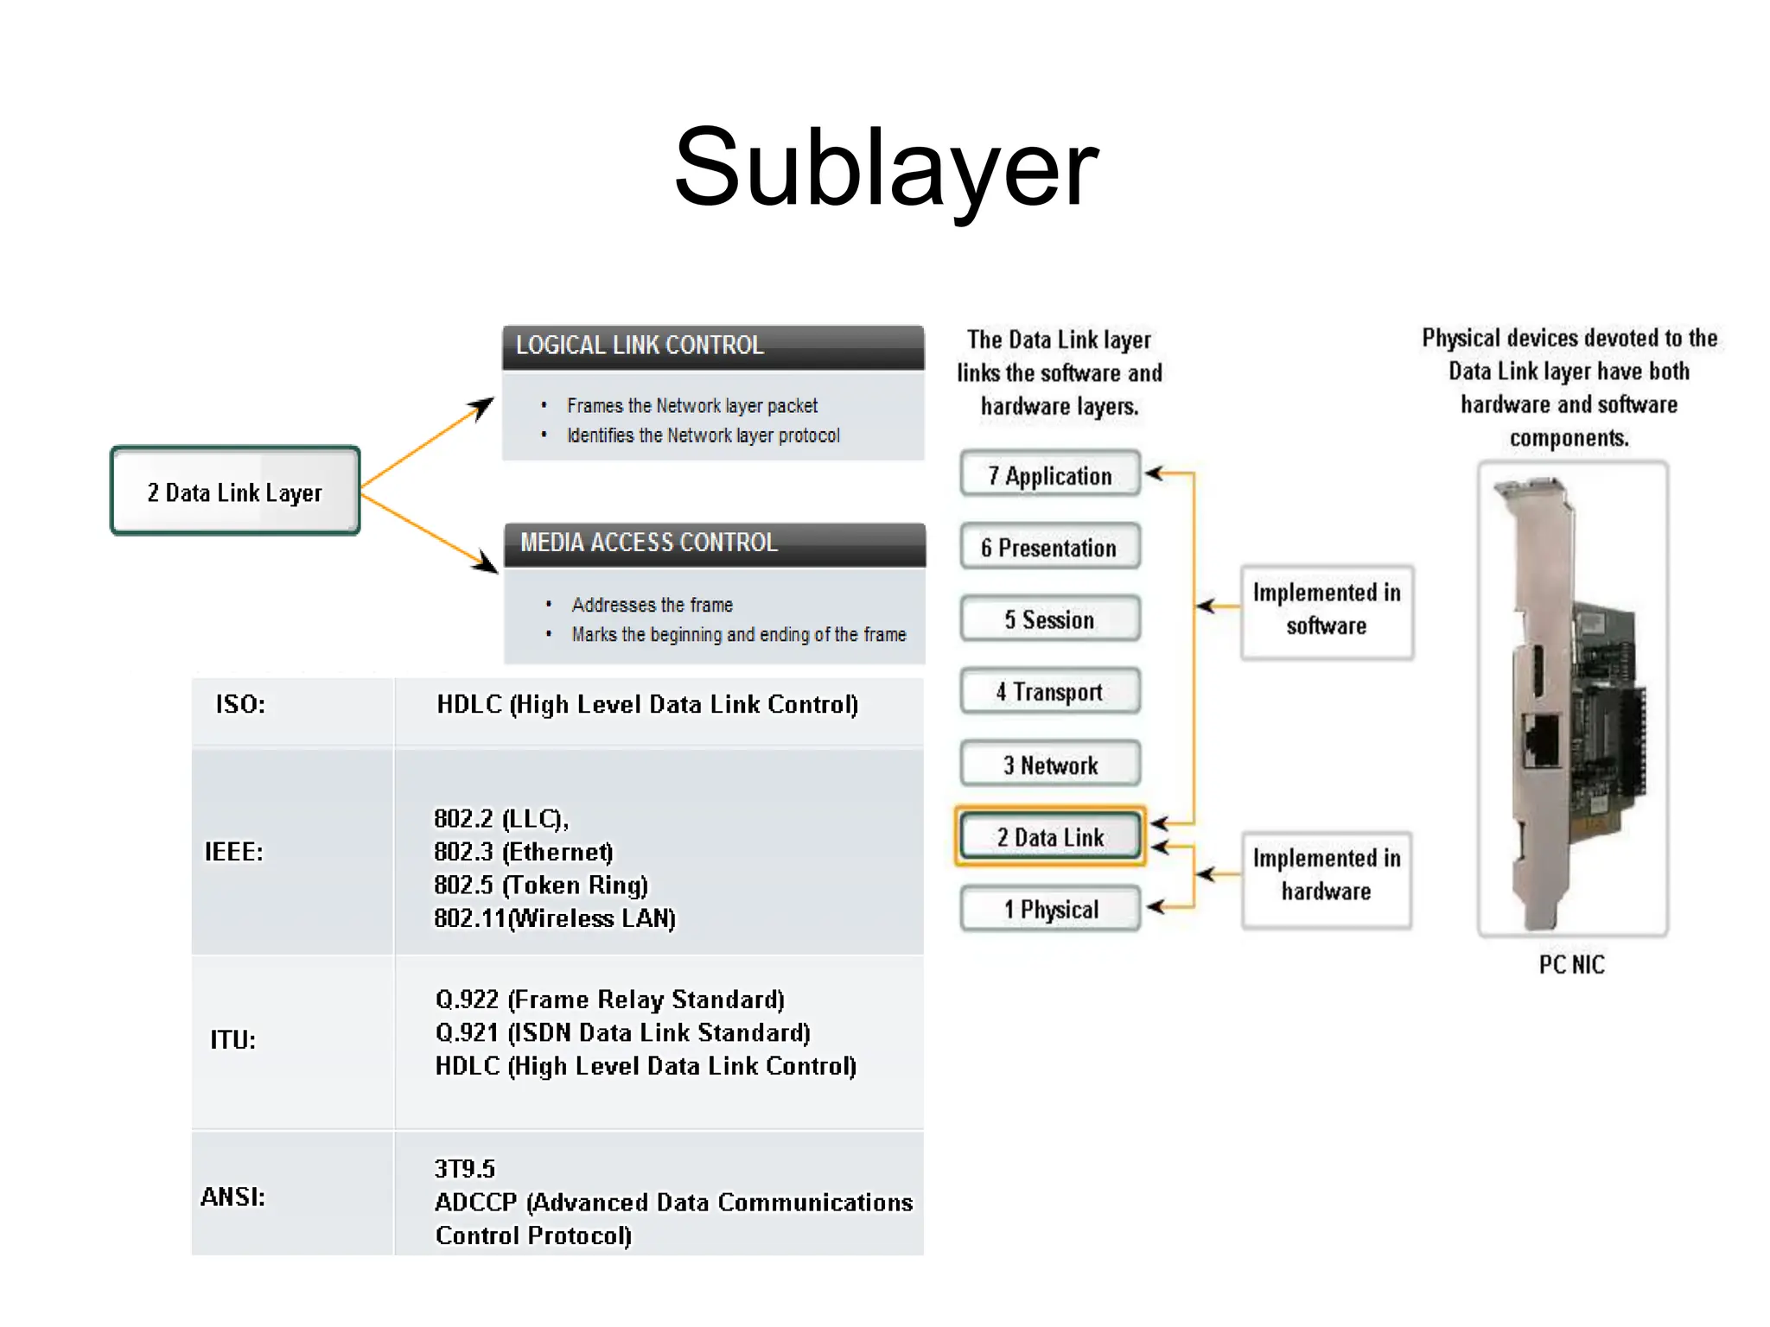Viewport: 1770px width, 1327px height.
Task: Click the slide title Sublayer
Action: [885, 168]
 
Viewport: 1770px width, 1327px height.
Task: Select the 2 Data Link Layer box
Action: [235, 492]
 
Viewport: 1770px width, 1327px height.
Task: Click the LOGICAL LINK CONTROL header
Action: [713, 346]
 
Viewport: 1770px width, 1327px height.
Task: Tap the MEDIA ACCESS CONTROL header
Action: [715, 543]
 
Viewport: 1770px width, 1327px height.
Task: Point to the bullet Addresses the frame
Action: [652, 605]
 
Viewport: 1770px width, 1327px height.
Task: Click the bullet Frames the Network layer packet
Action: [691, 406]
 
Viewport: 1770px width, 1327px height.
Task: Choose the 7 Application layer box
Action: [1050, 475]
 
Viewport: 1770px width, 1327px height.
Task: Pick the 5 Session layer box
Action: [1050, 619]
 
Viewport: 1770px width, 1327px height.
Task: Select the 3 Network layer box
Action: [1050, 765]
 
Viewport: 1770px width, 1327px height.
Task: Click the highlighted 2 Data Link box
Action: [1050, 837]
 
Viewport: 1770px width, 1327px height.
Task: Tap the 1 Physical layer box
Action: [1050, 909]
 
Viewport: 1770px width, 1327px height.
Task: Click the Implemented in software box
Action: [1327, 610]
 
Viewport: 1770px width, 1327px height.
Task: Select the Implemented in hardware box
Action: [1327, 875]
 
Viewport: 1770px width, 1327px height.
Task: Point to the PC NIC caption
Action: [1571, 965]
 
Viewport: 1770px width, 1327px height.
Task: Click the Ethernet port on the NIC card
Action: [1541, 741]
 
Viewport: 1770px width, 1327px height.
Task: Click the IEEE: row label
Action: [233, 852]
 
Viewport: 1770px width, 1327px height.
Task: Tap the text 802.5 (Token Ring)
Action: [541, 886]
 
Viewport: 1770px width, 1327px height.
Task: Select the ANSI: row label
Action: [233, 1197]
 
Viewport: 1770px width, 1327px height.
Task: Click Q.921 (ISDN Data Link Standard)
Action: [622, 1033]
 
